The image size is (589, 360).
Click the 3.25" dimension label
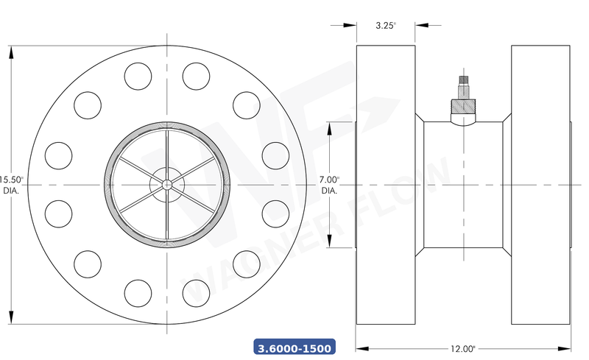click(x=385, y=25)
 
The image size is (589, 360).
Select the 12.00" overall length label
click(x=463, y=348)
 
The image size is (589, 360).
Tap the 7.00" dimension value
click(x=329, y=180)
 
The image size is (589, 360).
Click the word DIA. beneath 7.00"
click(x=329, y=191)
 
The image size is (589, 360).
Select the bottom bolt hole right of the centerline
click(x=197, y=289)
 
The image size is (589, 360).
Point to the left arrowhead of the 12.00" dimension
click(x=361, y=348)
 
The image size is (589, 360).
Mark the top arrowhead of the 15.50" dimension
click(x=13, y=50)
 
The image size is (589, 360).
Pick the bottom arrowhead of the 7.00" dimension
click(x=329, y=244)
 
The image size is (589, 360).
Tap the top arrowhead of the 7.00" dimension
click(x=329, y=123)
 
